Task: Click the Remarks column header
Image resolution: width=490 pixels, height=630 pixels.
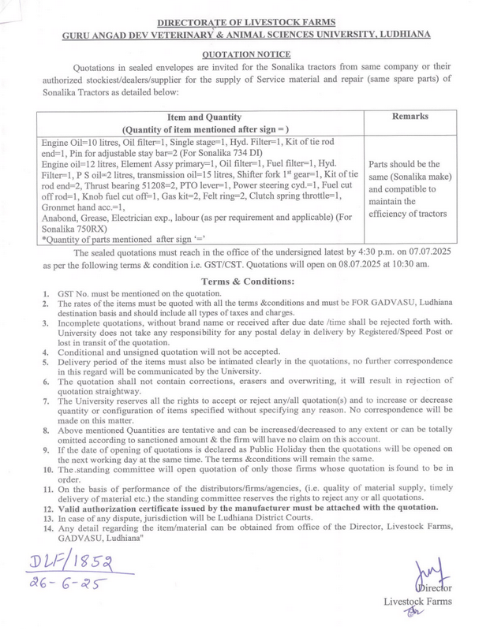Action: point(410,116)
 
